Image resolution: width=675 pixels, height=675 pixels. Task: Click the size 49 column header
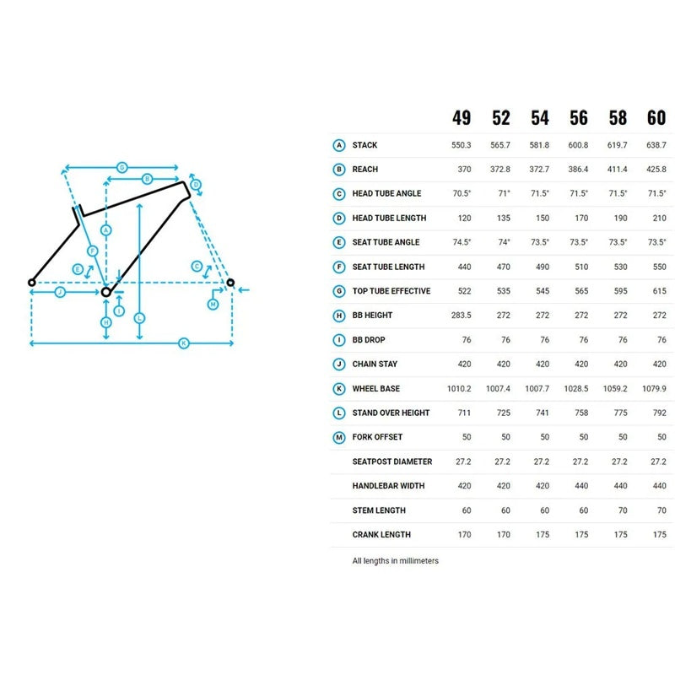(462, 118)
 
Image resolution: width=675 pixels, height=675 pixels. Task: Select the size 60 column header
(656, 118)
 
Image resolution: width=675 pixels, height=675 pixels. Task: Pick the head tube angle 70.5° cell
(462, 193)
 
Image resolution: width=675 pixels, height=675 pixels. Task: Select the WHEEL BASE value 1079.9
(656, 388)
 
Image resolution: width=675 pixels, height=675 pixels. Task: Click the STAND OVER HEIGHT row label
(391, 413)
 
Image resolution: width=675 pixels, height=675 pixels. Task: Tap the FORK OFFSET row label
(377, 437)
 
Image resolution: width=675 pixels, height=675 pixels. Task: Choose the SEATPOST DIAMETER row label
(392, 462)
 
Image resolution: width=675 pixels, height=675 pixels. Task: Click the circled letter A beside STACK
(338, 145)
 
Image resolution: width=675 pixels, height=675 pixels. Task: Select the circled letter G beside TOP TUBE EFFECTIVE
(338, 291)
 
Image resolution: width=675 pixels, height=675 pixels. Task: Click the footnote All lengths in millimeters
(396, 560)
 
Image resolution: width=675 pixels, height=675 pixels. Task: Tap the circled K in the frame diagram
(184, 343)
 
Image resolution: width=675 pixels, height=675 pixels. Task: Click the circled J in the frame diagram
(60, 292)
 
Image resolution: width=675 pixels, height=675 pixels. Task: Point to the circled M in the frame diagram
(213, 303)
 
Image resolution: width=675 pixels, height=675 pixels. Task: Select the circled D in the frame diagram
(196, 185)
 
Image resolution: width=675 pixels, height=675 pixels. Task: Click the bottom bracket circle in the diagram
(106, 292)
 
